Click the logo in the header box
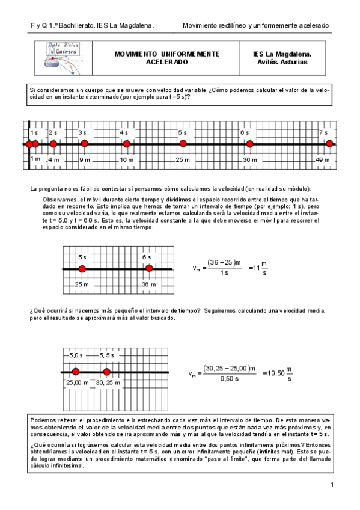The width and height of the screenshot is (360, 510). tap(66, 57)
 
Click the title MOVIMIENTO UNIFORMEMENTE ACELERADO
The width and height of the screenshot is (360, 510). tap(166, 58)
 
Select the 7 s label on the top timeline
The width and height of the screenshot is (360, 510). tap(323, 132)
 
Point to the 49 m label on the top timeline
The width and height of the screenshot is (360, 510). tap(322, 159)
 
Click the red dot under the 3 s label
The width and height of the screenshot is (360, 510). tap(84, 144)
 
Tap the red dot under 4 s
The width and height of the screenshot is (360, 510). tap(126, 144)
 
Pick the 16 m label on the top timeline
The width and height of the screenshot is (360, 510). tap(126, 159)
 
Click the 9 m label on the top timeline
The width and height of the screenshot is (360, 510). tap(84, 159)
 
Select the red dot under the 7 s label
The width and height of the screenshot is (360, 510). tap(329, 144)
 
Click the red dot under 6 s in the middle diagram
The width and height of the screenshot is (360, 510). tap(149, 269)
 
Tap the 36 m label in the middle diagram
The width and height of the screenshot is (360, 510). tap(148, 284)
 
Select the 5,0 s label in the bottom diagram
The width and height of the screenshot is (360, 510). tap(75, 356)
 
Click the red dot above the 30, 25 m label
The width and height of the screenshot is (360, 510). tap(107, 372)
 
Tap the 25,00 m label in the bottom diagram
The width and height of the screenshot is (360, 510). tap(76, 382)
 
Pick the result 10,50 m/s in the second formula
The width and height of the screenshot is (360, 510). tap(276, 373)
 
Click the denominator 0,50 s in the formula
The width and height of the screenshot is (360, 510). tap(228, 379)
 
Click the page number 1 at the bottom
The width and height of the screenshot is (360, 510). tap(331, 485)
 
